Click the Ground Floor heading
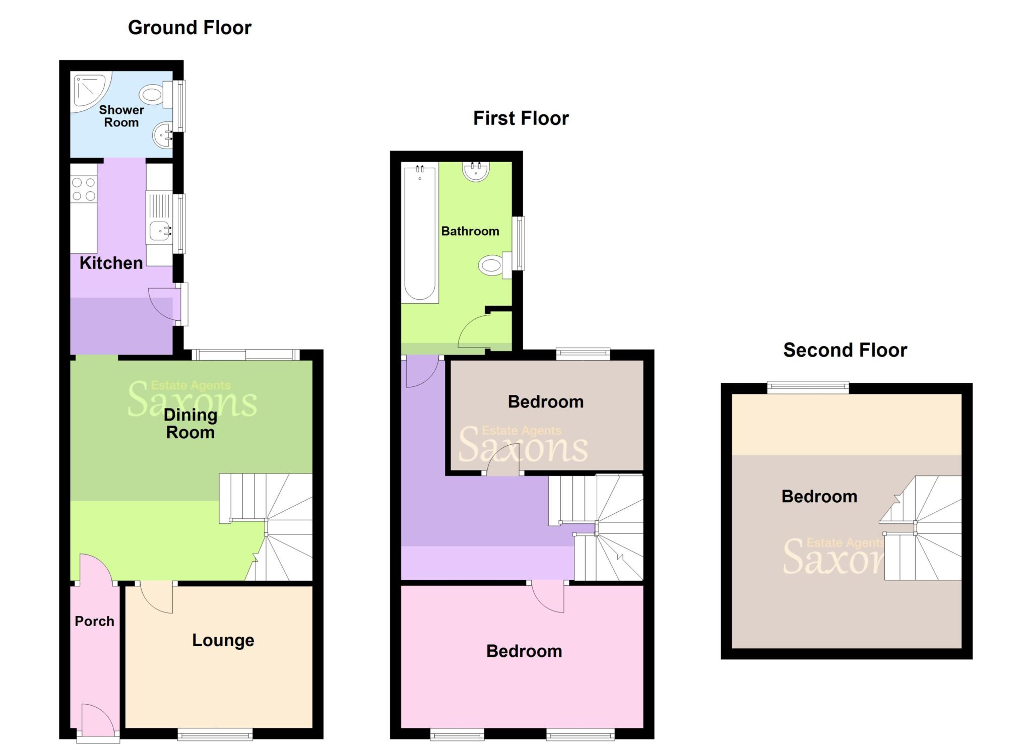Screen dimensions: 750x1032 189,28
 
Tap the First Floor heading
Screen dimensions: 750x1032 521,118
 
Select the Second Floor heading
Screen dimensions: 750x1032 845,350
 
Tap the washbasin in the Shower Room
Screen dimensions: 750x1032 163,135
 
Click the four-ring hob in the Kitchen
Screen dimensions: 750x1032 84,189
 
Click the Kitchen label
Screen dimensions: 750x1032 111,263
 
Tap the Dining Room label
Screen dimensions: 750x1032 190,424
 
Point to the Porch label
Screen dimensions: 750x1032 94,622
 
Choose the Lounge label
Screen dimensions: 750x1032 223,640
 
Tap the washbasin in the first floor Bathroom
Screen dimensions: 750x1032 475,171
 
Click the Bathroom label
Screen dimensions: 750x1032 470,231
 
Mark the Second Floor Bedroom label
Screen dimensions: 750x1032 819,497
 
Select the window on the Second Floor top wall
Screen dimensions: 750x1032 808,387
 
